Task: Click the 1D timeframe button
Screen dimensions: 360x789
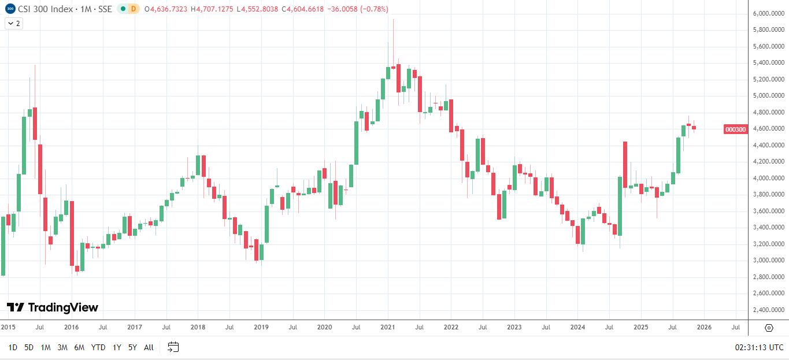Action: point(13,347)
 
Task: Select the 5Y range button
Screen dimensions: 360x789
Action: point(132,347)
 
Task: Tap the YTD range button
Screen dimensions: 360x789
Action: point(98,347)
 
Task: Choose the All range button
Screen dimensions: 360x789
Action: point(149,347)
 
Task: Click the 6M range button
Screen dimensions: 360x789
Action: point(79,347)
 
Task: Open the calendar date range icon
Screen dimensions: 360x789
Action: point(173,347)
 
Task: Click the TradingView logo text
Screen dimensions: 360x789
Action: point(53,307)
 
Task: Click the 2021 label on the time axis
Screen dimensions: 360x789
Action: point(387,327)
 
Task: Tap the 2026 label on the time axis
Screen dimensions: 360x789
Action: point(703,327)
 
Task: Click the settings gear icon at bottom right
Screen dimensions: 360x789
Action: point(769,328)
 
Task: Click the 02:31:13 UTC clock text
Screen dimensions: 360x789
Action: point(759,347)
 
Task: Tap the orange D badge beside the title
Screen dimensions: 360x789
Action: point(134,9)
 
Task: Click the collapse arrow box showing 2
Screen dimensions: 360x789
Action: point(13,23)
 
